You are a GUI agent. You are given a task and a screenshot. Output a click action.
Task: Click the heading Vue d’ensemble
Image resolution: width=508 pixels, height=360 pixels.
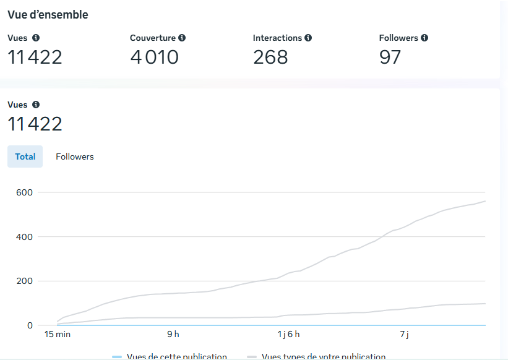pos(48,15)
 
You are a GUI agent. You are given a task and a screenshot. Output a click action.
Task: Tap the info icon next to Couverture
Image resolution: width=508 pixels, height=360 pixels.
pos(182,38)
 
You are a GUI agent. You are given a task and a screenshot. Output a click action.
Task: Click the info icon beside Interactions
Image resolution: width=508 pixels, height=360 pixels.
pos(308,38)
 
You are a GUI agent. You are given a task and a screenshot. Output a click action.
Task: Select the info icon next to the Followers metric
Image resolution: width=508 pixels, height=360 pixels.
pos(424,38)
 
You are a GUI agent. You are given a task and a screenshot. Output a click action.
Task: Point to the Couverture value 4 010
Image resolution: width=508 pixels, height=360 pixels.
pos(154,58)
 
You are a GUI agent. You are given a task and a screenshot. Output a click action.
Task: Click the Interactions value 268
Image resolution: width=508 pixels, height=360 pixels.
pos(270,58)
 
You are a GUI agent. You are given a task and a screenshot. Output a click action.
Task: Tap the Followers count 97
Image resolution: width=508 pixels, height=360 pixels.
pos(390,58)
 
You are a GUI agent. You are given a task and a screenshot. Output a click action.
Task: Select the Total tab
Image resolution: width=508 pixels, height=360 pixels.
pos(25,156)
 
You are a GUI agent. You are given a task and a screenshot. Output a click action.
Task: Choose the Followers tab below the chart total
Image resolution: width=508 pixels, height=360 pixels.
pos(75,156)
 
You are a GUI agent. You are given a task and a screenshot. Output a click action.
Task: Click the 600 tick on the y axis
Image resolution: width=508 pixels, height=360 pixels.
pos(25,192)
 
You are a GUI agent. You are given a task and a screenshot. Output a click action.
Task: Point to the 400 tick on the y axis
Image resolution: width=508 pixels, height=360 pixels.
pos(25,237)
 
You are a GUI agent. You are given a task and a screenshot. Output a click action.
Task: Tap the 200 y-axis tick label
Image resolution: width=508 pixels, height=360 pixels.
pos(25,281)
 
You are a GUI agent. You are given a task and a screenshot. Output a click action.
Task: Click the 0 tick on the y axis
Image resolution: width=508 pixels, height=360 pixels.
pos(29,325)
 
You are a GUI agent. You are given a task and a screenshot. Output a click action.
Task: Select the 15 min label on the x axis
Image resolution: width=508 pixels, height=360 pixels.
pos(57,335)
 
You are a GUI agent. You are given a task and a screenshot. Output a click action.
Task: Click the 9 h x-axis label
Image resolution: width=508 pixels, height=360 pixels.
pos(173,335)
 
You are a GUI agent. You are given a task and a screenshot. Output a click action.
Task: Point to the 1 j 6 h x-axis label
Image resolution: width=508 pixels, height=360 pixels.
pos(288,335)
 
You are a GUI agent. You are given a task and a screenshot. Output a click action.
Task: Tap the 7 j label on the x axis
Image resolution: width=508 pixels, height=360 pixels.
pos(404,335)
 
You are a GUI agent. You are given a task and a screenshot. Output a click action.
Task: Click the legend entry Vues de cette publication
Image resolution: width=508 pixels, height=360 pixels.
pos(176,356)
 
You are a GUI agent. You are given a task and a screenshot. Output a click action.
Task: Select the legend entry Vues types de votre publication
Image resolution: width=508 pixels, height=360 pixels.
pos(323,356)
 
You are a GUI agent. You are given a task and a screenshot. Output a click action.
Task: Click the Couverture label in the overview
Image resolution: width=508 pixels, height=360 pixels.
pos(153,38)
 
